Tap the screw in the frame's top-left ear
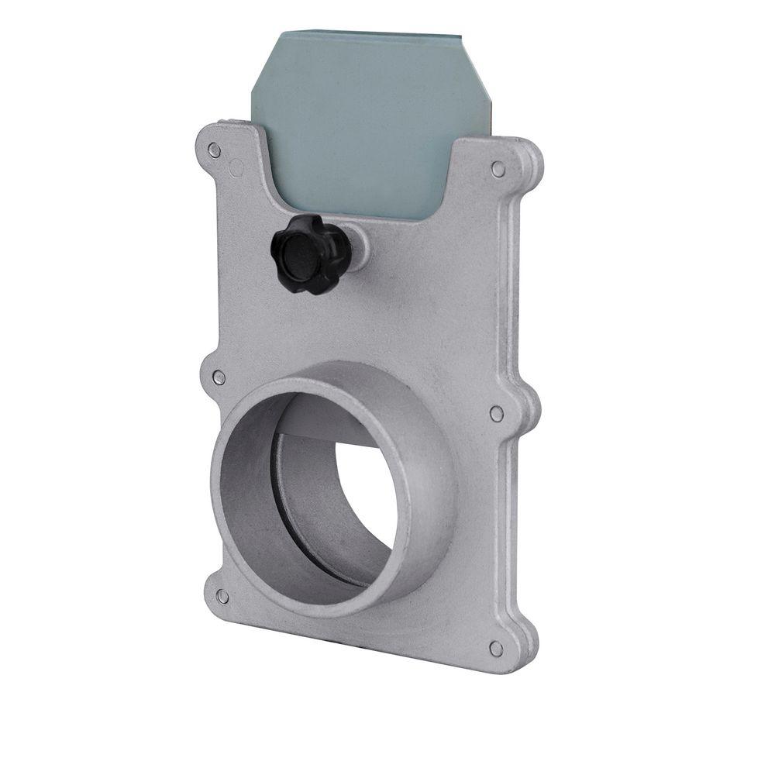coord(215,150)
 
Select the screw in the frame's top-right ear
coord(498,169)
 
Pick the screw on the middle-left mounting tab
coord(219,377)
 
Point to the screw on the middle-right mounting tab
coord(497,414)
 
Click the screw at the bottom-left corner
coord(222,595)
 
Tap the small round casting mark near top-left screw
coord(236,167)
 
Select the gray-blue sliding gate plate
coord(364,116)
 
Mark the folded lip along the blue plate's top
coord(372,35)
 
